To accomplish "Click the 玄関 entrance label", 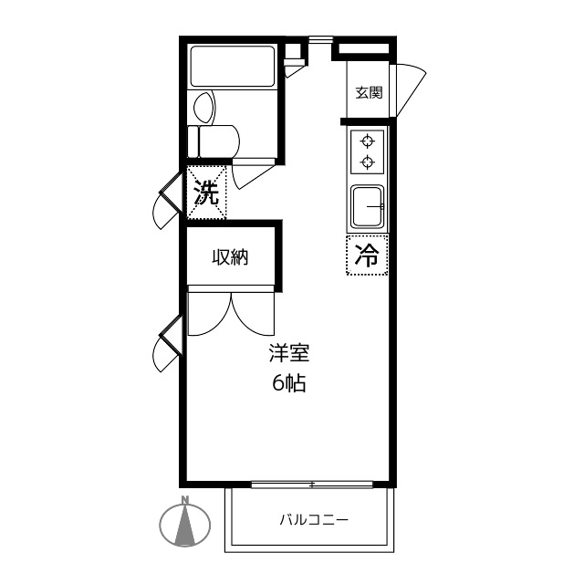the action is (x=369, y=92).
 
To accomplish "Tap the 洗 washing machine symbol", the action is (x=206, y=193).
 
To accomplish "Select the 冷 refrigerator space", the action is (x=367, y=255).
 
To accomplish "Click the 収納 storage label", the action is (x=230, y=257).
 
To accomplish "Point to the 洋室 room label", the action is (x=289, y=353).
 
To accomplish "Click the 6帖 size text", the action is (x=289, y=383).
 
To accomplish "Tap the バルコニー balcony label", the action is (x=314, y=519).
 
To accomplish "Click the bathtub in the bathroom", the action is (x=233, y=67).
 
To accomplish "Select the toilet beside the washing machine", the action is (x=214, y=141).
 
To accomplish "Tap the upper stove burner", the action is (x=368, y=141).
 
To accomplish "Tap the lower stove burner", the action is (x=368, y=162).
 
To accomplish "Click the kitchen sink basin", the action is (x=368, y=207).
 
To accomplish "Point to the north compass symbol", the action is (x=184, y=523).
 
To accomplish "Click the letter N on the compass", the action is (x=184, y=500).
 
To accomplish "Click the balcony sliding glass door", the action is (x=312, y=485).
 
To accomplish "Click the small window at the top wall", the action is (x=320, y=38).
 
